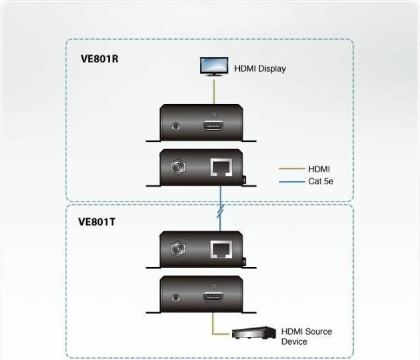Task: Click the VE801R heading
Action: click(99, 59)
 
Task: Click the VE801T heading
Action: click(97, 222)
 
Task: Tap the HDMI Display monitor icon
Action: click(214, 67)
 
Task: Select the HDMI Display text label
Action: click(260, 69)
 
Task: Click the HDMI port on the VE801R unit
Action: click(213, 126)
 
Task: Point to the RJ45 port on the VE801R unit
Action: click(221, 168)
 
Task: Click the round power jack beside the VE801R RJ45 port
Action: click(178, 167)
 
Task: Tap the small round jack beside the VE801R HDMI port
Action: click(176, 126)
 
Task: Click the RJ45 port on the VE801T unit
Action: click(221, 249)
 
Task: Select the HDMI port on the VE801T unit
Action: click(213, 297)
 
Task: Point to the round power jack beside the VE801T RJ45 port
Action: click(178, 249)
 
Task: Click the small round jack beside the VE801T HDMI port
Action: click(176, 297)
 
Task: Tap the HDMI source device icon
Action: click(254, 333)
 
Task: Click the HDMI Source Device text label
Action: click(307, 336)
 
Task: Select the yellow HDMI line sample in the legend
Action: click(292, 168)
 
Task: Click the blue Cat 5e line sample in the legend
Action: click(292, 182)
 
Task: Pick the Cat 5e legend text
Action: click(321, 182)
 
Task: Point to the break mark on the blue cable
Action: click(221, 211)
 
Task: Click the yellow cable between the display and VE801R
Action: click(214, 91)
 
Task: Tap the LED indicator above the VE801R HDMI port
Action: click(213, 115)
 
